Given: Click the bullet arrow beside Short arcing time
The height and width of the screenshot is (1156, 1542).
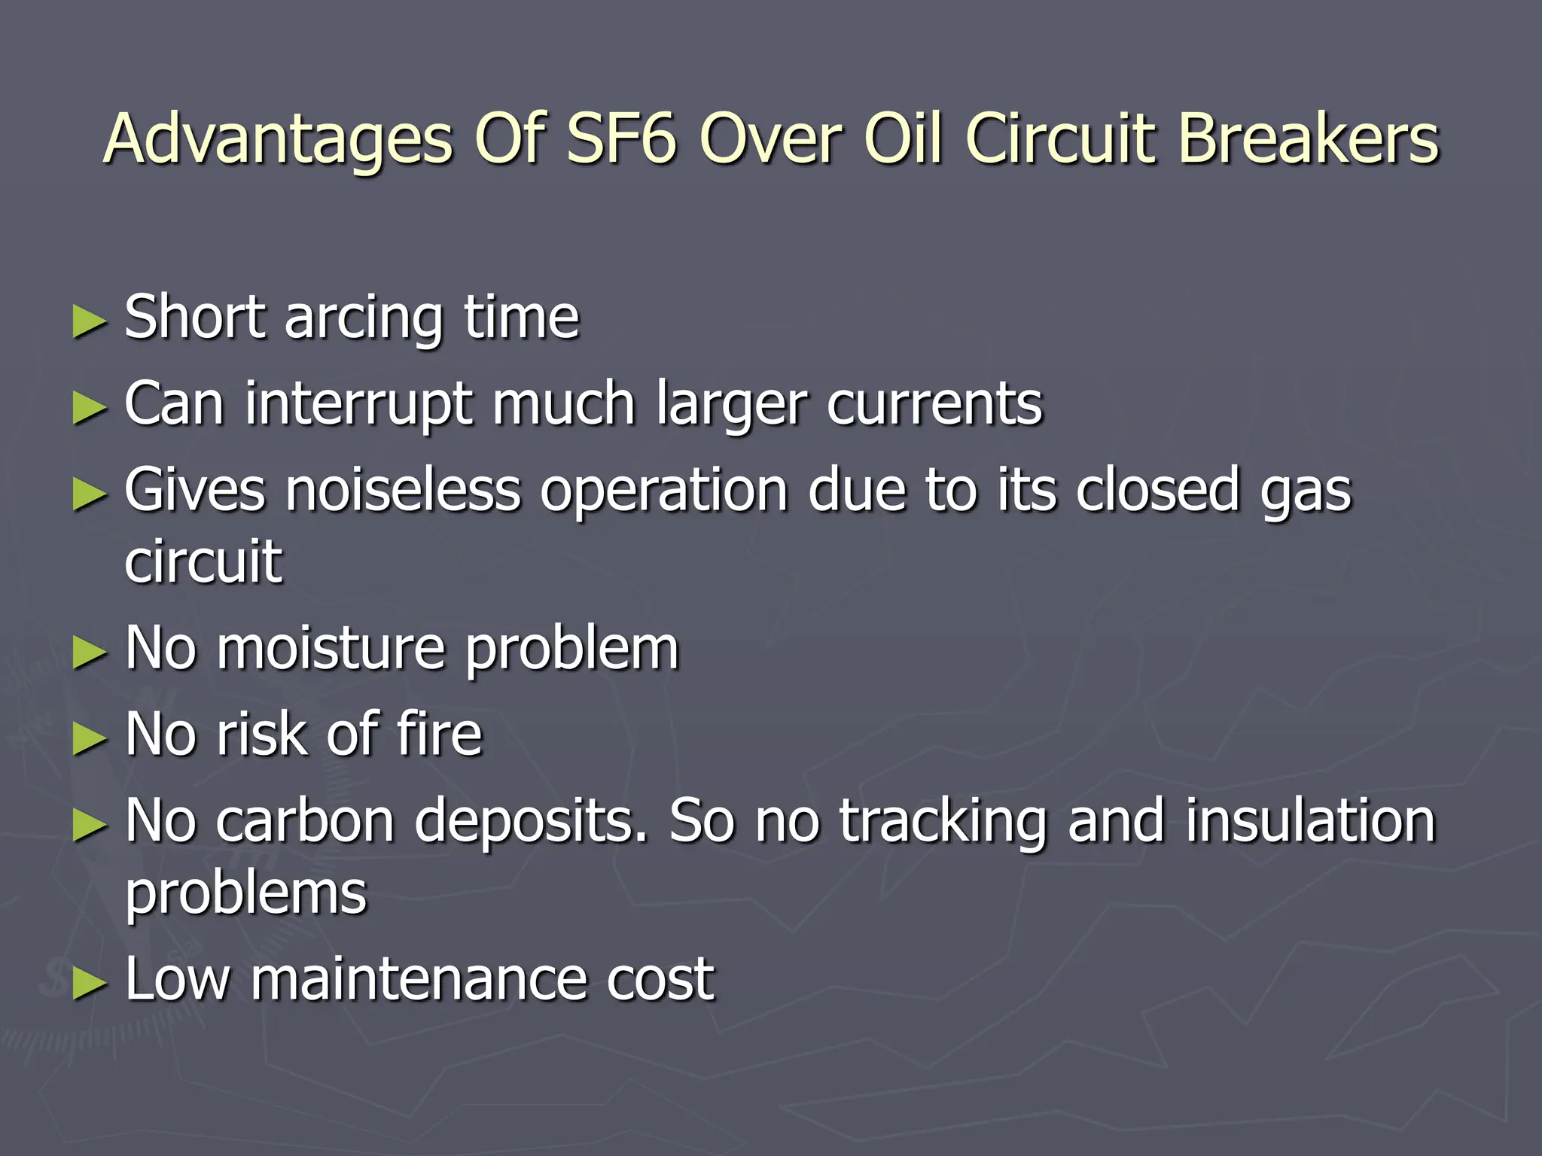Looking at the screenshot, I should coord(90,321).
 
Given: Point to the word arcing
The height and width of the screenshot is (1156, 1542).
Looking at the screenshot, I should coord(364,319).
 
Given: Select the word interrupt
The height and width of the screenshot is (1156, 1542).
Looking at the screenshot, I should coord(358,406).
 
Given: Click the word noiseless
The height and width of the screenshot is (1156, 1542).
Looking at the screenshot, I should coord(402,491).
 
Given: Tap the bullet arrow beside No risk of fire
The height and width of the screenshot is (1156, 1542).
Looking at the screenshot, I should coord(90,738).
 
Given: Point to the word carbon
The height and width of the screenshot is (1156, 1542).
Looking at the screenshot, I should coord(305,821).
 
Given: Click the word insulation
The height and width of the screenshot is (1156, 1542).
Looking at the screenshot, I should coord(1311,821).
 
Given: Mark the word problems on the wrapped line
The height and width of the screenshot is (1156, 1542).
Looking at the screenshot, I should coord(245,894).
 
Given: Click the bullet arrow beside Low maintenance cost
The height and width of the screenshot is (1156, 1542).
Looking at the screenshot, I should coord(90,984).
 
